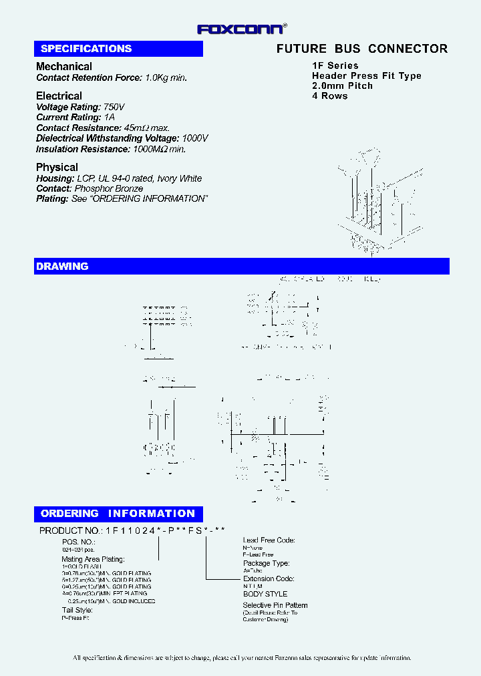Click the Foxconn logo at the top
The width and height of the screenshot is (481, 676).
pyautogui.click(x=241, y=29)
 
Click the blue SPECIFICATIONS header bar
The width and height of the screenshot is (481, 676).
pyautogui.click(x=119, y=49)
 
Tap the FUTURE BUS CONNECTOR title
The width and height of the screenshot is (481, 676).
pyautogui.click(x=362, y=49)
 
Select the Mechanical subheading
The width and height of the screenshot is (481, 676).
pyautogui.click(x=64, y=67)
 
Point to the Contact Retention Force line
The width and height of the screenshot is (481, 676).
pyautogui.click(x=112, y=77)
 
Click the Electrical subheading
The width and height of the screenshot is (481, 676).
pyautogui.click(x=59, y=96)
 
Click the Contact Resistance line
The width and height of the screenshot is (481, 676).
pyautogui.click(x=103, y=128)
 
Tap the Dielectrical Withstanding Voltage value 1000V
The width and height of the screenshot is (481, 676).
pyautogui.click(x=195, y=138)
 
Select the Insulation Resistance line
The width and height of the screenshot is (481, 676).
pyautogui.click(x=111, y=149)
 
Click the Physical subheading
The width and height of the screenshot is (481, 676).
pyautogui.click(x=57, y=168)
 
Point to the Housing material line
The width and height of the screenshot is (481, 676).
pyautogui.click(x=119, y=178)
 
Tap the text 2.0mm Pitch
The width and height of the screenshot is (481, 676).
pyautogui.click(x=342, y=86)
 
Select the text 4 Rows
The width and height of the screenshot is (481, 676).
pyautogui.click(x=330, y=96)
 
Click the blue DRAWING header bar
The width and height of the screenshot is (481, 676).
pyautogui.click(x=241, y=267)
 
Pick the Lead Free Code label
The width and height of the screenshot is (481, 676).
pyautogui.click(x=269, y=540)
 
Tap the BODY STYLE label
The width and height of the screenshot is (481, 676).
pyautogui.click(x=265, y=594)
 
